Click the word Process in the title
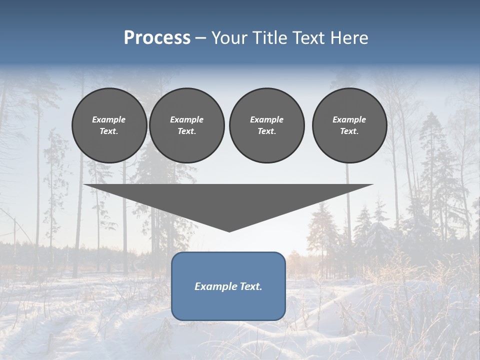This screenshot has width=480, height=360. point(157,38)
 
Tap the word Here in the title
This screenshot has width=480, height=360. point(348,38)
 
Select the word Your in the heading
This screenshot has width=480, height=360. point(229,38)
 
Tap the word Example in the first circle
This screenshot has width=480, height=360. point(109,119)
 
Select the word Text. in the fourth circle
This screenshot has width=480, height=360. point(349,131)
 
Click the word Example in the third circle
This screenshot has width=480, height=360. point(266,119)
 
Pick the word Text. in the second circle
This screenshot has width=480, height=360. point(187,131)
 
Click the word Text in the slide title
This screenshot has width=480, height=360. point(308,38)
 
